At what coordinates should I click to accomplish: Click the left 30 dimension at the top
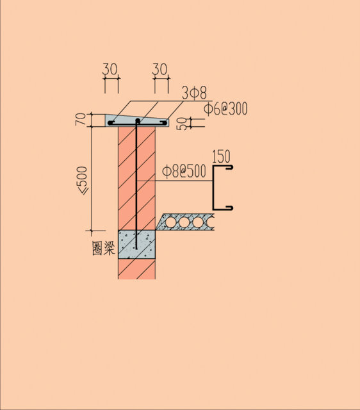110,69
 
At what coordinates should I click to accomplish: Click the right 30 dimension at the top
160,69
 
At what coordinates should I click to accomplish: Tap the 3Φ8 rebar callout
194,93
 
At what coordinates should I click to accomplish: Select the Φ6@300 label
225,109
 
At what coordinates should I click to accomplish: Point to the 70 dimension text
81,119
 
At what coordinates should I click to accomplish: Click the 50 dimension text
182,124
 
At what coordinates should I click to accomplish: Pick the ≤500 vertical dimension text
82,181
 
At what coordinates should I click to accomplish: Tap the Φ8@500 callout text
184,172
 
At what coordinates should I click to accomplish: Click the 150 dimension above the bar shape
221,156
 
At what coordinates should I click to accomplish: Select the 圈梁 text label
104,248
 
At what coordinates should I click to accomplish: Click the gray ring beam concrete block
136,245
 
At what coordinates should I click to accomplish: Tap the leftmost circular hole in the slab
171,223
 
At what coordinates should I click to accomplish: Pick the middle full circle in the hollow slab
184,223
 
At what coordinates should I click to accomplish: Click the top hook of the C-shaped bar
229,167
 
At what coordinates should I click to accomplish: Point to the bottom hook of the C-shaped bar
229,208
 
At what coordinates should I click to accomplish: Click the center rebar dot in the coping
138,120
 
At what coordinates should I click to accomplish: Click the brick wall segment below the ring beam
136,269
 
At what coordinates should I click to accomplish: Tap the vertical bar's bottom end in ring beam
136,249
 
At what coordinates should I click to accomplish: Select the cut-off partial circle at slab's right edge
211,223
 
